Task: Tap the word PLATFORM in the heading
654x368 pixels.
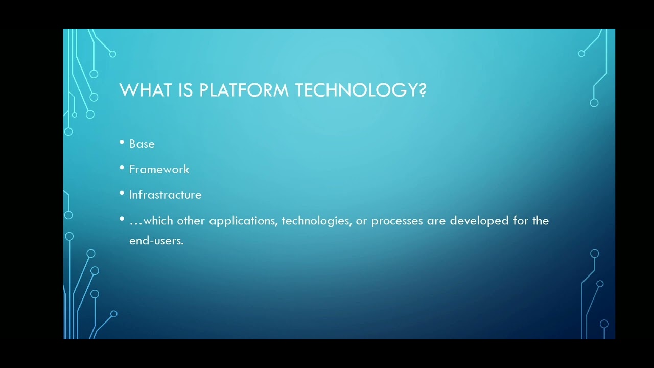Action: (245, 90)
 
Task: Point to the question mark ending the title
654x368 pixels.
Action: (423, 90)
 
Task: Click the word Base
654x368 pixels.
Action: (142, 144)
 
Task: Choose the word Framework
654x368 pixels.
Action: (159, 170)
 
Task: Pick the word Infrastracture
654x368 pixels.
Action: (165, 195)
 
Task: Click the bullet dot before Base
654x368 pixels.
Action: (122, 143)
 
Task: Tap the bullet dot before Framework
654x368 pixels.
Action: (122, 168)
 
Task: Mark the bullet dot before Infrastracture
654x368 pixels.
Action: (122, 193)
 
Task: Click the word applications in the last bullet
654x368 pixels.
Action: (243, 221)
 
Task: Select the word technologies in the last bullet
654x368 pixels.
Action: (316, 221)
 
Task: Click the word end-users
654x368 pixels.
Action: (156, 241)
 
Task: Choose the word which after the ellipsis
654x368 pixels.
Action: (158, 221)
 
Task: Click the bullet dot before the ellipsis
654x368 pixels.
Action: (122, 219)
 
